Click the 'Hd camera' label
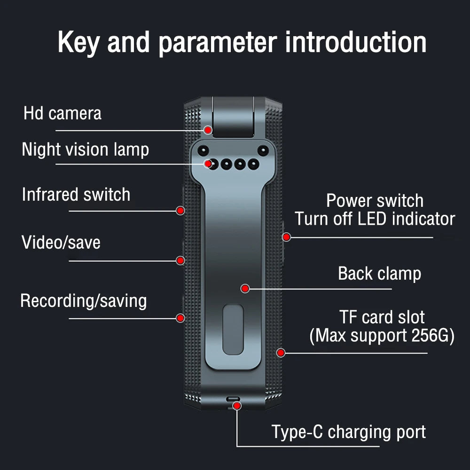coord(62,114)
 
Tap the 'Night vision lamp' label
coord(85,150)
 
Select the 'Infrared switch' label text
coord(76,195)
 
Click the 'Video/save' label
coord(61,243)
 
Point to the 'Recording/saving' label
coord(83,301)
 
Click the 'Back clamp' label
coord(379,274)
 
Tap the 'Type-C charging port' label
coord(349,432)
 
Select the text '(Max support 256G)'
coord(382,336)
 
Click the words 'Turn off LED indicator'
coord(375,219)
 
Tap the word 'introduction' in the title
coord(356,42)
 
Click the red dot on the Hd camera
coord(208,129)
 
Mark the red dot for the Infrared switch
coord(180,211)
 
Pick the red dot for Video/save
coord(180,260)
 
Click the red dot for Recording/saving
coord(180,318)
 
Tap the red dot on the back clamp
coord(245,288)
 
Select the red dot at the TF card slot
coord(281,352)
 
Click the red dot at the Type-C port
coord(237,405)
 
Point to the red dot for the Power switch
coord(287,237)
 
